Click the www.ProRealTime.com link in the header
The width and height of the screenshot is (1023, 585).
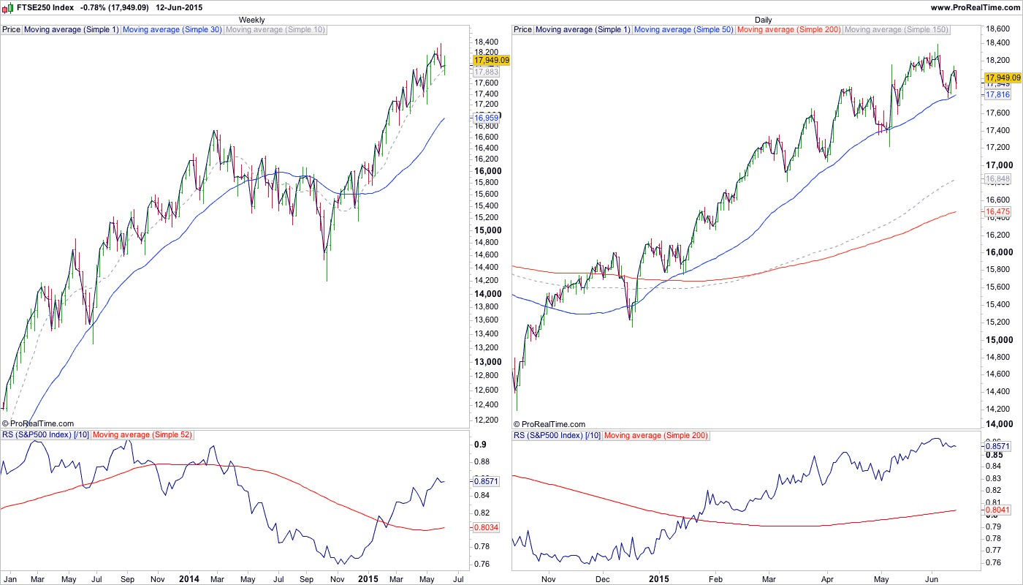[x=975, y=7]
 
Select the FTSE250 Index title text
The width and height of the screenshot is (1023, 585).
[x=44, y=7]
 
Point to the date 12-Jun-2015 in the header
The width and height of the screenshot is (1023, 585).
[x=178, y=7]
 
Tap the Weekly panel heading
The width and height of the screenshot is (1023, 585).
[x=252, y=20]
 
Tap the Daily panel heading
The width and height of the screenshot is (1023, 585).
[x=763, y=20]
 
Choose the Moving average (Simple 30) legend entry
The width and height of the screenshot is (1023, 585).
[x=172, y=30]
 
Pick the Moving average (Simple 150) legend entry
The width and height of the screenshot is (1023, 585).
[x=897, y=30]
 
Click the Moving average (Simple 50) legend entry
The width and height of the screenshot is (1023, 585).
[x=683, y=30]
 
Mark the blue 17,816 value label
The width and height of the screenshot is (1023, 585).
[x=997, y=95]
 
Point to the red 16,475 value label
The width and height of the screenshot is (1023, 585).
[x=997, y=211]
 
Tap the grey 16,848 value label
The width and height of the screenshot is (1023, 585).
[x=997, y=178]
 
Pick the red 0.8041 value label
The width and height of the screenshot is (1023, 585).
[x=997, y=510]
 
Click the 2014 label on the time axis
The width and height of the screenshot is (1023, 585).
[x=189, y=579]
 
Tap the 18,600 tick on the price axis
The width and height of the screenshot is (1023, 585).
[x=999, y=29]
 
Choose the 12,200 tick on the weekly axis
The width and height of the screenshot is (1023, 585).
[x=487, y=420]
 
